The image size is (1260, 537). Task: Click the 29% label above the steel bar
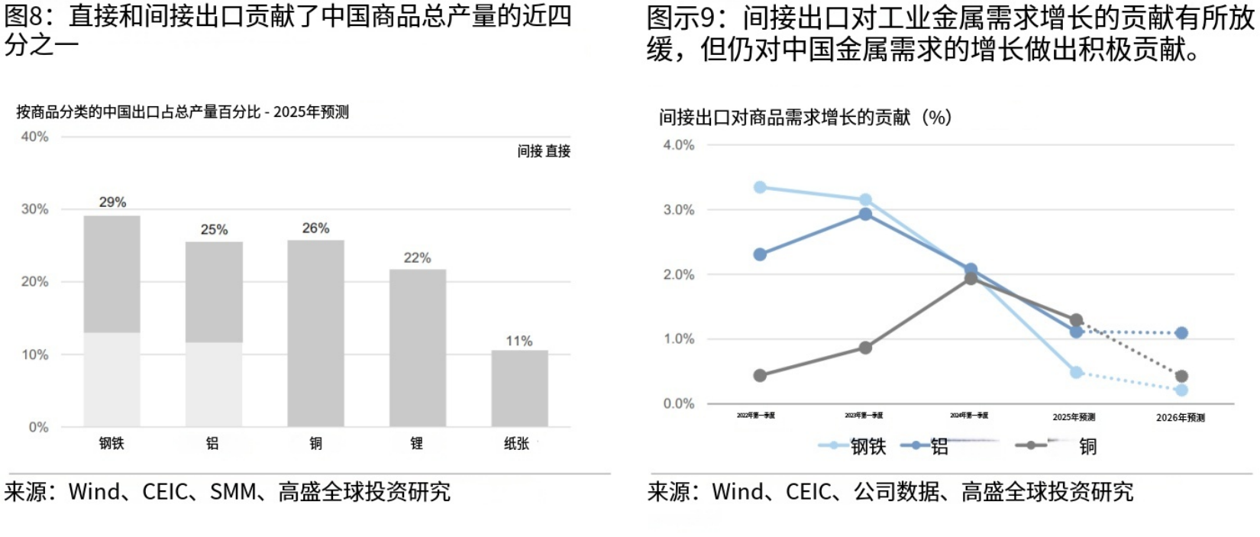pyautogui.click(x=112, y=202)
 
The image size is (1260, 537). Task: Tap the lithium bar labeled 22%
pyautogui.click(x=418, y=348)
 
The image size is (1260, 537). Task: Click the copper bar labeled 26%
pyautogui.click(x=315, y=333)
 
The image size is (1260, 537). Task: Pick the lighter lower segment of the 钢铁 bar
pyautogui.click(x=111, y=379)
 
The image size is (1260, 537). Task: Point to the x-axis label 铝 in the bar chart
pyautogui.click(x=213, y=443)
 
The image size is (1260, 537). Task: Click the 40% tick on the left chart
pyautogui.click(x=34, y=137)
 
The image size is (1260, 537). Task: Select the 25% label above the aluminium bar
pyautogui.click(x=214, y=230)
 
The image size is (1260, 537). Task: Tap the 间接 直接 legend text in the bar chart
pyautogui.click(x=544, y=151)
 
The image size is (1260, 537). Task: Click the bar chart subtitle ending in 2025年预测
pyautogui.click(x=183, y=112)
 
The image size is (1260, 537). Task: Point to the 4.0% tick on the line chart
pyautogui.click(x=678, y=145)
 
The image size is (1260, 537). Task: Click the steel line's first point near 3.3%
pyautogui.click(x=760, y=187)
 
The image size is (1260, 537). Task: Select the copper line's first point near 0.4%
pyautogui.click(x=760, y=376)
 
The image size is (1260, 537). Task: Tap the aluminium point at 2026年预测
pyautogui.click(x=1181, y=333)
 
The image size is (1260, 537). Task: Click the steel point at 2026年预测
pyautogui.click(x=1181, y=390)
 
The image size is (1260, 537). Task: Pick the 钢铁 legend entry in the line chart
pyautogui.click(x=853, y=446)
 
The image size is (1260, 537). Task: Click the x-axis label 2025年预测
pyautogui.click(x=1074, y=417)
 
